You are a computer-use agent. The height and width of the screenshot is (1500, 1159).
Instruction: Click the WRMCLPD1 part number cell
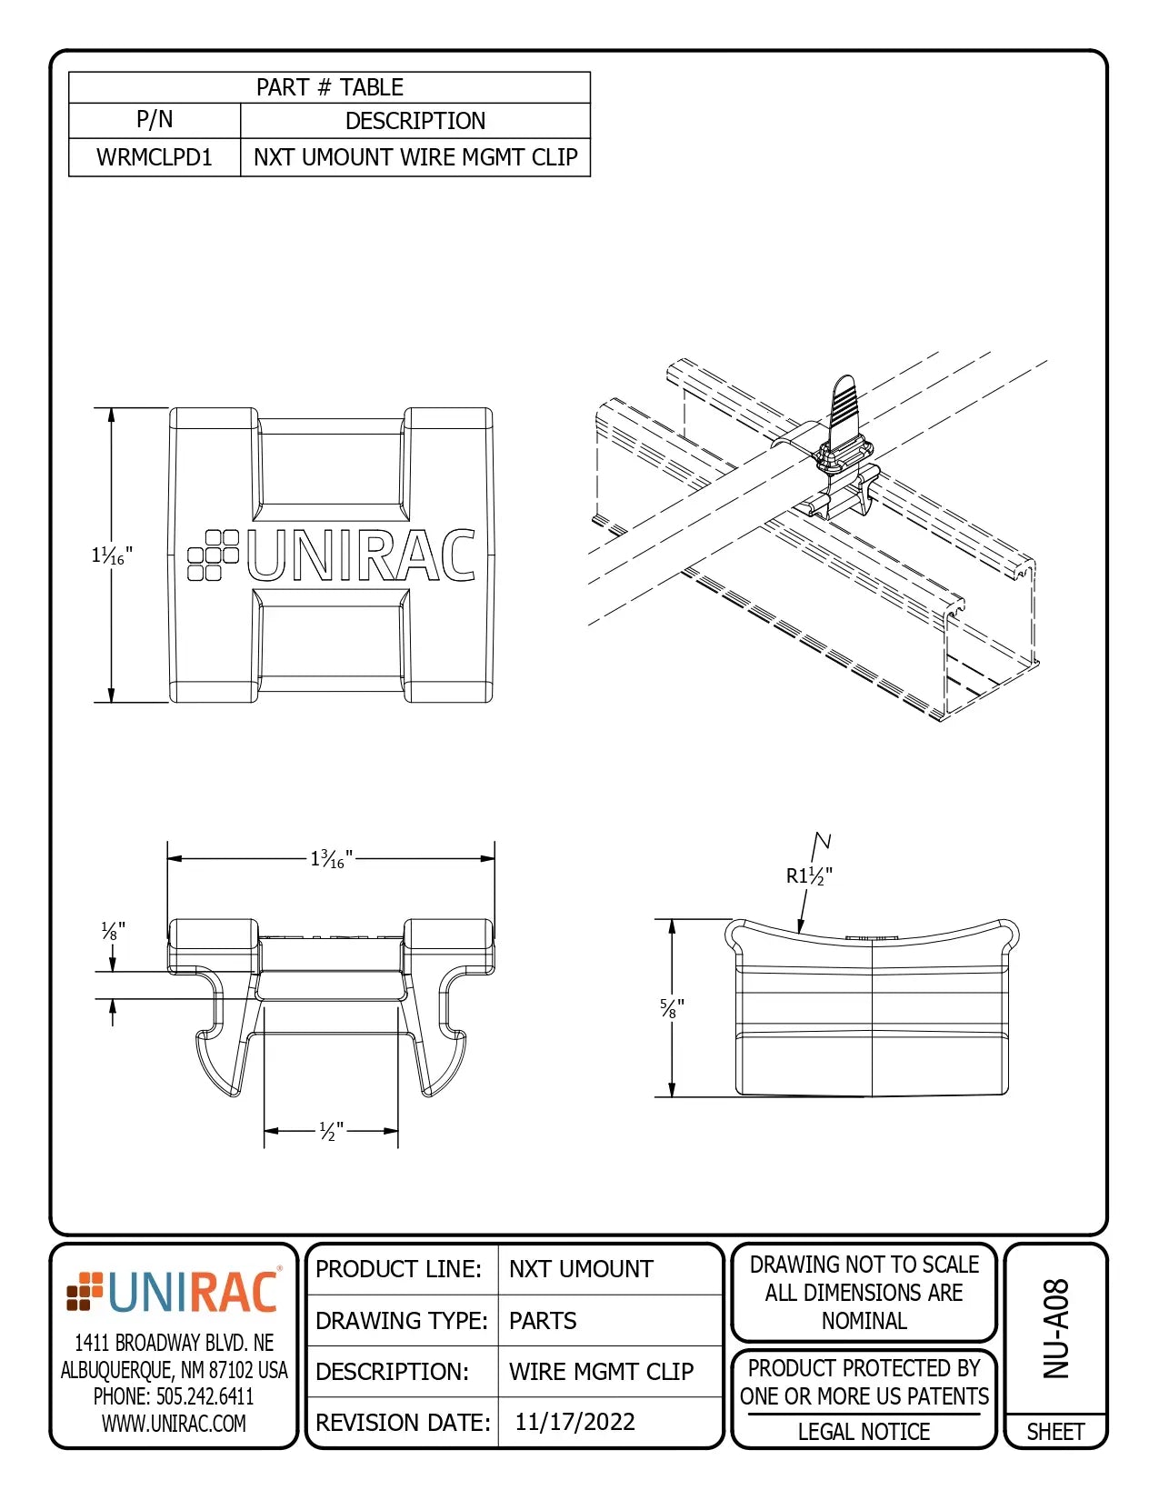tap(155, 157)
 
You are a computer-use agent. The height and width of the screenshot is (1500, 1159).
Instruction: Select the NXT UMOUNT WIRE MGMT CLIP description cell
tap(415, 157)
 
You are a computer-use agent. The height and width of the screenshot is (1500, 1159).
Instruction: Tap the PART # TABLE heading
tap(329, 87)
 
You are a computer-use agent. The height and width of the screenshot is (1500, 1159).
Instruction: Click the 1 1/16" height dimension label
tap(112, 555)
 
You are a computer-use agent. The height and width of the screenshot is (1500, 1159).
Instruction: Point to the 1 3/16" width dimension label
tap(331, 858)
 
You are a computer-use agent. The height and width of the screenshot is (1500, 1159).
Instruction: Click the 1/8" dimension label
tap(113, 931)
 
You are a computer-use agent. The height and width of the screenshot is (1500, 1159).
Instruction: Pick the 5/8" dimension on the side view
tap(672, 1008)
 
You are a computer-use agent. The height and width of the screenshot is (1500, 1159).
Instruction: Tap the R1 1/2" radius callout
tap(808, 875)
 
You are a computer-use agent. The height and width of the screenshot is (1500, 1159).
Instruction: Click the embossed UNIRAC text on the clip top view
tap(361, 555)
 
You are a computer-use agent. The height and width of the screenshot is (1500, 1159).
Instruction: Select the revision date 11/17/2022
tap(575, 1422)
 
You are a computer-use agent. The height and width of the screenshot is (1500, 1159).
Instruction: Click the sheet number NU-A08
tap(1055, 1328)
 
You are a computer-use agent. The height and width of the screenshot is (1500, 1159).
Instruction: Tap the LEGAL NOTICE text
tap(864, 1432)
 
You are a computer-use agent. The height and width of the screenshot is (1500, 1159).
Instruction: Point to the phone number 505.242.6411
tap(174, 1396)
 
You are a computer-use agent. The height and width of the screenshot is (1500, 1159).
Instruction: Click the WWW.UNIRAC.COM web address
tap(174, 1424)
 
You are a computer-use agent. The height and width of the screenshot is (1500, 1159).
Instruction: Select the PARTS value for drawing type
tap(543, 1321)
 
